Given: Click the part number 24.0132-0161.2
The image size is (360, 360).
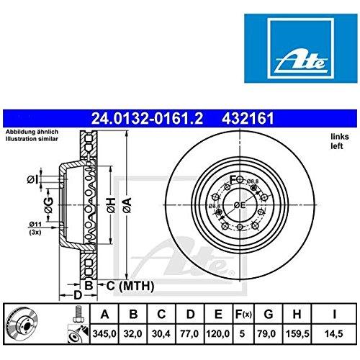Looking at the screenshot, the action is tap(147, 119).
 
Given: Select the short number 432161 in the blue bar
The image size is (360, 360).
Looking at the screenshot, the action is tap(248, 119).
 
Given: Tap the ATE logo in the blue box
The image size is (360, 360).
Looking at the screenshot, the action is tap(301, 63).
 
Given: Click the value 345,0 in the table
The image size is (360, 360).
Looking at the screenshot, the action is tap(104, 333).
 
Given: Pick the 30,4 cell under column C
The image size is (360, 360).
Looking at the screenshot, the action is tap(161, 333).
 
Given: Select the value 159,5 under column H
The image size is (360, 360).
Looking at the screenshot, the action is tap(297, 333).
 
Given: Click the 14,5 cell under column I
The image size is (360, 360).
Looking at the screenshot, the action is tap(334, 333).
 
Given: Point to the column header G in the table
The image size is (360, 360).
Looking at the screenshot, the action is tap(269, 314).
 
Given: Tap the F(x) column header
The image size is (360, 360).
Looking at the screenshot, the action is tap(243, 314).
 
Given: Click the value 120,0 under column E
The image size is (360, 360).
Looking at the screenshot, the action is tap(218, 333).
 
